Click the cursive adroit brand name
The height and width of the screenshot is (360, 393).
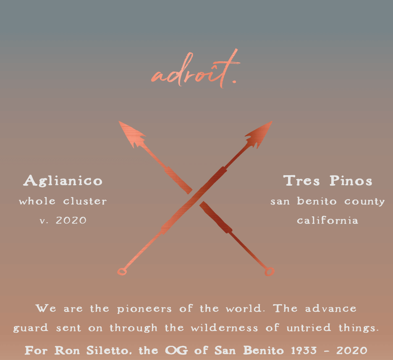pos(191,74)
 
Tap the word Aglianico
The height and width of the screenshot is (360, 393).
pos(63,181)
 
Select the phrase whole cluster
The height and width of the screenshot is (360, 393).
pos(63,201)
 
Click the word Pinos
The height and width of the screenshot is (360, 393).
pos(351,181)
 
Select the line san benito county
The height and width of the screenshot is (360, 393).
pos(327,201)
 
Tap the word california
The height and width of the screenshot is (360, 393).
pos(327,221)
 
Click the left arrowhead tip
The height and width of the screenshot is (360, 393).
pos(121,123)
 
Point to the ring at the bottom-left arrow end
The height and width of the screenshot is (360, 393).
pos(122,272)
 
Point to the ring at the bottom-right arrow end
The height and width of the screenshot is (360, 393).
pos(269,272)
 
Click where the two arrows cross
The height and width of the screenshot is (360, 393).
pos(196,196)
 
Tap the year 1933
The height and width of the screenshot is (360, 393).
pos(308,350)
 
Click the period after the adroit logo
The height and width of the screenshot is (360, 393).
pos(234,82)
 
